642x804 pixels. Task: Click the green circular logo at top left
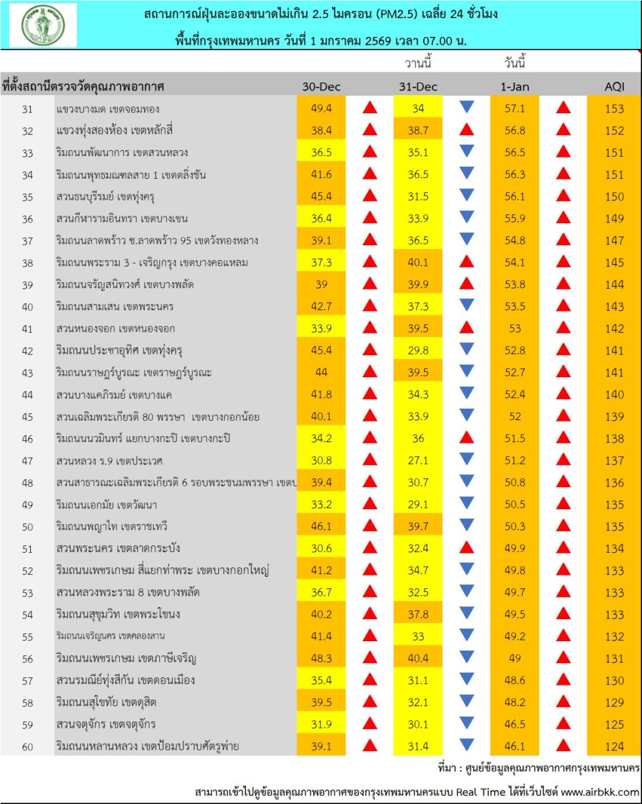click(42, 25)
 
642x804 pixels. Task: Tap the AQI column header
click(613, 87)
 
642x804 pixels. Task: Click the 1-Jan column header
click(514, 87)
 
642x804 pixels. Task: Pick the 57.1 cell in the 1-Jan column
click(514, 109)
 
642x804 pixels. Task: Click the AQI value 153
click(613, 109)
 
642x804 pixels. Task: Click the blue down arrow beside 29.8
click(467, 349)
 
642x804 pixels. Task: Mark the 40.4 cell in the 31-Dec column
click(418, 658)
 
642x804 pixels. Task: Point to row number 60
click(27, 746)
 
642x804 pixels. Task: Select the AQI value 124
click(613, 746)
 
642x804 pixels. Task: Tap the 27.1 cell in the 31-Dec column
click(418, 460)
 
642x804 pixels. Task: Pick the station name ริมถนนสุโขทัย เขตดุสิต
click(107, 702)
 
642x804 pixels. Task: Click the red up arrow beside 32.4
click(467, 547)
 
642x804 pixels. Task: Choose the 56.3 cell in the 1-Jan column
click(514, 175)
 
